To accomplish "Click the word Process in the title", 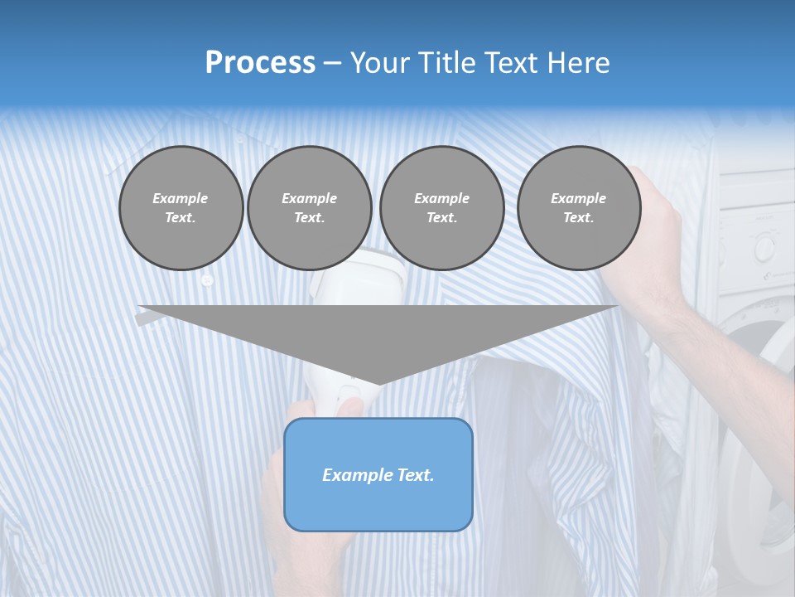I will click(x=260, y=63).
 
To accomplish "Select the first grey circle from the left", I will click(x=181, y=208).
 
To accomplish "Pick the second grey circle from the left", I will click(x=309, y=208).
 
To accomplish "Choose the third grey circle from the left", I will click(x=441, y=208).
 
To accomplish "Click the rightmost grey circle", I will click(x=578, y=208).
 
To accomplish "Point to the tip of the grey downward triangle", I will click(x=378, y=383).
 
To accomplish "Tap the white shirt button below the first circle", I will click(x=207, y=281).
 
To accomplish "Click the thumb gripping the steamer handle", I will click(x=351, y=406).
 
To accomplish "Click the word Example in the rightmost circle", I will click(x=578, y=198).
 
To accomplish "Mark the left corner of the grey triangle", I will click(x=139, y=307).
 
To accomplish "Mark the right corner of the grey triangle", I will click(x=617, y=307).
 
